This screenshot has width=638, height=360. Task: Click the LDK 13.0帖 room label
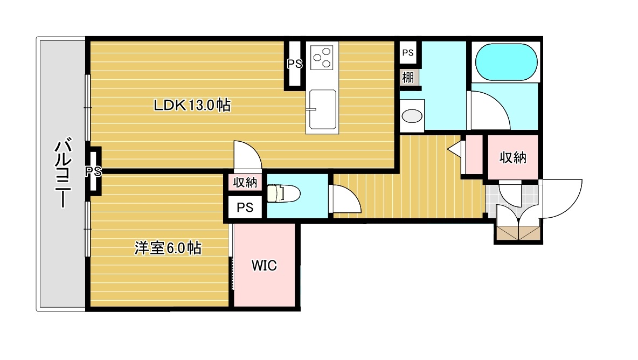[192, 105]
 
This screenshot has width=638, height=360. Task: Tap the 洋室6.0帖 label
[168, 248]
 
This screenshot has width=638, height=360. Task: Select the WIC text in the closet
[264, 266]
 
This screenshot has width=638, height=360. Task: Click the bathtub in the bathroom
[506, 62]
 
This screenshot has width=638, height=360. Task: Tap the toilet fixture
[283, 193]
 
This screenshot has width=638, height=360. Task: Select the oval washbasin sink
[412, 116]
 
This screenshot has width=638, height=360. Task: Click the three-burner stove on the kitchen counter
[322, 57]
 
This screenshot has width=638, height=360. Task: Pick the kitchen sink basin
[323, 109]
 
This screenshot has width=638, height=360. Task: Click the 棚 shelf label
[408, 77]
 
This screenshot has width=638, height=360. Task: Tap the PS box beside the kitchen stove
[295, 64]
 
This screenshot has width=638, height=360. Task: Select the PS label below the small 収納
[245, 207]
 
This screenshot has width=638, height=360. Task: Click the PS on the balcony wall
[93, 172]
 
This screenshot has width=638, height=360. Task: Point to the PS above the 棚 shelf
[408, 52]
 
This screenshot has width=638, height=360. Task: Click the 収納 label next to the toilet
[245, 183]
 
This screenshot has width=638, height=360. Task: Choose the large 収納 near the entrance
[512, 157]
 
